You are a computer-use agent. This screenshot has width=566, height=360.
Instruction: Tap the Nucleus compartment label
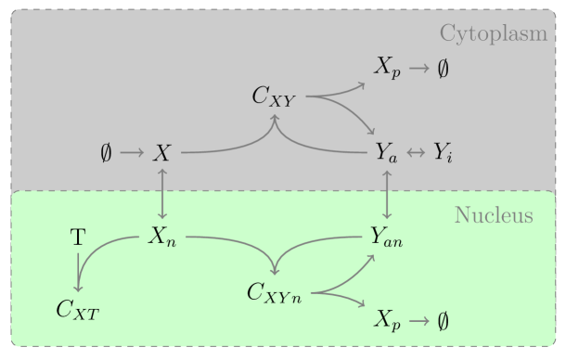tap(494, 216)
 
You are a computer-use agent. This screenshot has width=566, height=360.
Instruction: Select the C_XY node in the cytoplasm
tap(274, 96)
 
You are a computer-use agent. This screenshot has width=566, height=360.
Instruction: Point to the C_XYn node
tap(275, 292)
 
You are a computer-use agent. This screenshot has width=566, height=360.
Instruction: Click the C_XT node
tap(77, 310)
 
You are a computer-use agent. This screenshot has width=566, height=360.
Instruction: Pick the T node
tap(79, 238)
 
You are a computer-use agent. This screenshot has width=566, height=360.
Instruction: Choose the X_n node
tap(162, 238)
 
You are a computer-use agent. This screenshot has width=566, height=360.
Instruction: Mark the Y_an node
tap(386, 238)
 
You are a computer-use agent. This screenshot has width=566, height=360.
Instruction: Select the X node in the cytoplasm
tap(162, 151)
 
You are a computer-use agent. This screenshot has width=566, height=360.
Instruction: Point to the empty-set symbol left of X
tap(107, 151)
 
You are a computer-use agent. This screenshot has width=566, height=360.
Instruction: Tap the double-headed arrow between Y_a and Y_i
tap(416, 151)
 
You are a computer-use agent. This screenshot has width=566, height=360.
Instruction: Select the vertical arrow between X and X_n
tap(162, 195)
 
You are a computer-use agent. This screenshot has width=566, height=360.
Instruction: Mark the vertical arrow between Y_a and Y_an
tap(387, 195)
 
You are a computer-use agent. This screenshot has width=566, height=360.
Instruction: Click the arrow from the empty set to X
tap(132, 151)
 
